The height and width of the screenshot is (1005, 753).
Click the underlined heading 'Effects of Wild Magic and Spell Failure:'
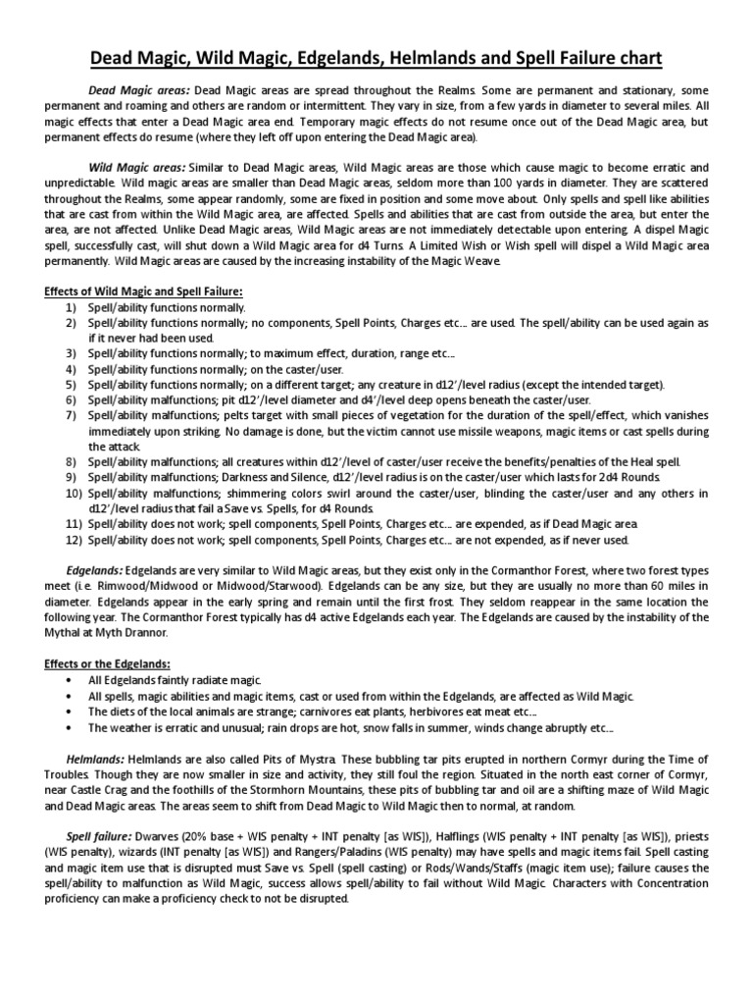pyautogui.click(x=144, y=291)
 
